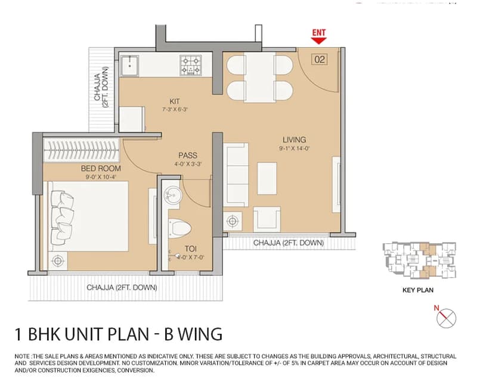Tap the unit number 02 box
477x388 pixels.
[320, 59]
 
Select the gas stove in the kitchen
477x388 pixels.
[191, 65]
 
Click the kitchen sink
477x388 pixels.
[129, 66]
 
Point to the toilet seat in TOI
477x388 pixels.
[179, 228]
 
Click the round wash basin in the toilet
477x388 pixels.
[173, 195]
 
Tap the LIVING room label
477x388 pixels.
[294, 140]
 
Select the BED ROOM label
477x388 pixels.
[101, 169]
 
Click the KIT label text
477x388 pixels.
[175, 101]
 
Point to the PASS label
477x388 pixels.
[188, 156]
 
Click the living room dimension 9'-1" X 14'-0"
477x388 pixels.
[294, 148]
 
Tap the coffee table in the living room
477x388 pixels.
[267, 178]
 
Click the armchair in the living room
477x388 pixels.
[267, 219]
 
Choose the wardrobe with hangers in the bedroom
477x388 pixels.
[81, 151]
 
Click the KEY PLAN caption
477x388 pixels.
[418, 290]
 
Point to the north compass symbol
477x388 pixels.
[446, 318]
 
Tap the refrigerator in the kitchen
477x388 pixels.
[132, 119]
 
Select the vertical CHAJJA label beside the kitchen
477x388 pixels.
[101, 87]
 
